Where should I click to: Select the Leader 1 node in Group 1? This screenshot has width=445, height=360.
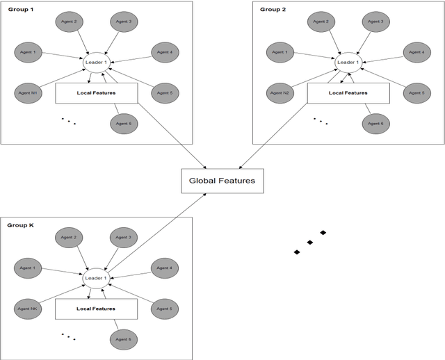[95, 63]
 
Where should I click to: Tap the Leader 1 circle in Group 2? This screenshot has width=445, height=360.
[347, 63]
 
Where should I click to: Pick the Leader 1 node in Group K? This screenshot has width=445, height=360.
[95, 278]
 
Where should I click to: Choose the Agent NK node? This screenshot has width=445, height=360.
[29, 308]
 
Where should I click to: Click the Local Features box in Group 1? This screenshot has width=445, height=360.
[96, 92]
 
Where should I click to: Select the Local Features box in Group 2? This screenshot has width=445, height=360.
[348, 92]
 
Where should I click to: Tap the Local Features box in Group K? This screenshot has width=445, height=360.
[96, 308]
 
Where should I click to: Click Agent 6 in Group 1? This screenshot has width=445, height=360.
[123, 123]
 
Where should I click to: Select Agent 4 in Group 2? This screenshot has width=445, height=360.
[416, 52]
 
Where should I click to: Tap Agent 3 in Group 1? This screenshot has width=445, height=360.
[123, 22]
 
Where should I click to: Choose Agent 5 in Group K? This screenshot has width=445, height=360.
[165, 308]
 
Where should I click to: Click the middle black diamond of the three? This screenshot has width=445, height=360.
[310, 242]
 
